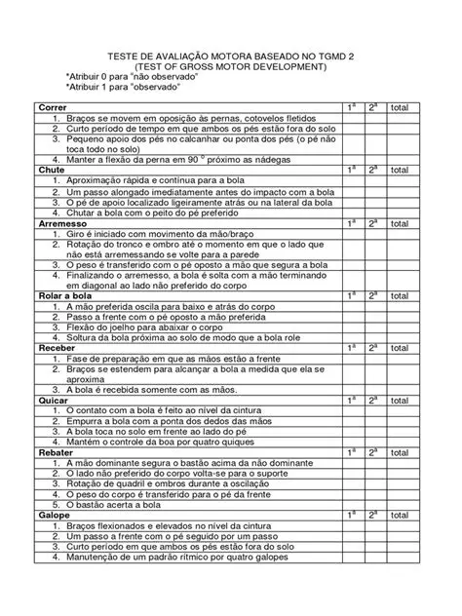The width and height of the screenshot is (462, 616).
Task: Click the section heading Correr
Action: [52, 106]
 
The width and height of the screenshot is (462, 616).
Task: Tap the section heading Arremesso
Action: [60, 222]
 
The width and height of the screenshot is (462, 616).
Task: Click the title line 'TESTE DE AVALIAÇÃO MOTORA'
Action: [230, 56]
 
